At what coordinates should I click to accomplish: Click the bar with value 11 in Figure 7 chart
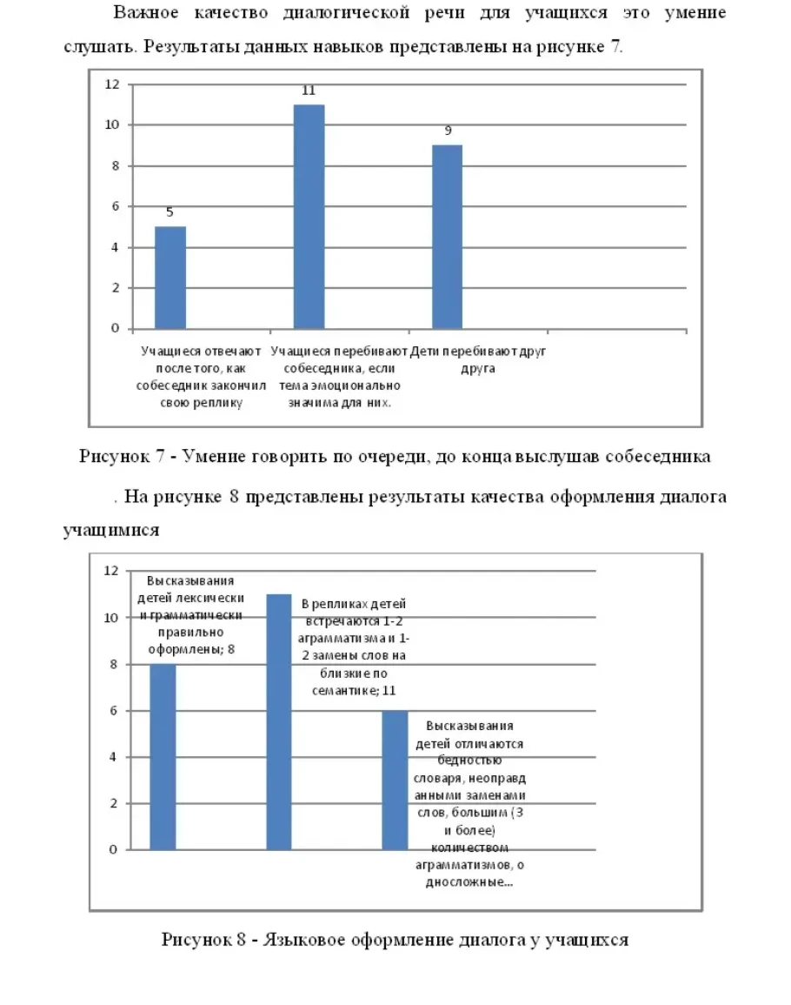click(x=309, y=217)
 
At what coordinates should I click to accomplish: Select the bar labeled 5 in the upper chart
click(x=169, y=278)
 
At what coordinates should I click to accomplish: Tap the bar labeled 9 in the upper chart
click(x=448, y=237)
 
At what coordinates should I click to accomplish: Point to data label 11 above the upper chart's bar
click(x=309, y=90)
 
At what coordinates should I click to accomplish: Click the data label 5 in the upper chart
click(x=169, y=212)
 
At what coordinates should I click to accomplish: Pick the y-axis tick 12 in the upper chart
click(x=112, y=84)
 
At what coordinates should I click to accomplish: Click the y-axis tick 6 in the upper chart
click(x=113, y=207)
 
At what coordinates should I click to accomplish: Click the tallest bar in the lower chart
click(x=278, y=722)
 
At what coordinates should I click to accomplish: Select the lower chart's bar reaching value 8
click(x=163, y=757)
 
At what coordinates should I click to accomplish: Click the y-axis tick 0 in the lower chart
click(x=113, y=850)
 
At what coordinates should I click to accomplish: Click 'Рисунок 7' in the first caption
click(x=117, y=456)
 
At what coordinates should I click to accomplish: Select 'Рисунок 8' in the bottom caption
click(x=200, y=940)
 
